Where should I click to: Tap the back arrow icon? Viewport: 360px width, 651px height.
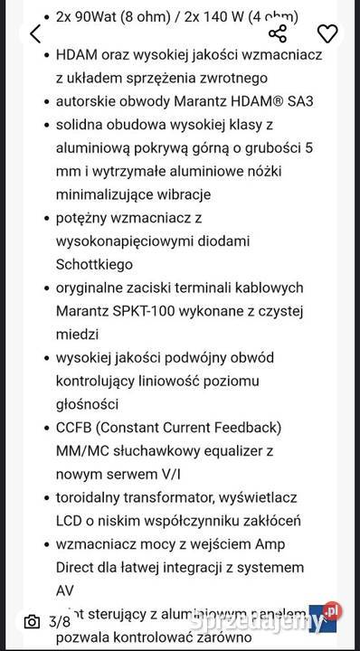pyautogui.click(x=35, y=34)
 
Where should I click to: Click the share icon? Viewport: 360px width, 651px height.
pyautogui.click(x=278, y=34)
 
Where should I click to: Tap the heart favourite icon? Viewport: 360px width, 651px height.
pyautogui.click(x=327, y=34)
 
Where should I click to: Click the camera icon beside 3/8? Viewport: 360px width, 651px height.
pyautogui.click(x=32, y=621)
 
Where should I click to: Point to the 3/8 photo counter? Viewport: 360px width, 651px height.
pyautogui.click(x=60, y=621)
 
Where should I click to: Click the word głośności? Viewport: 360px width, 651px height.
pyautogui.click(x=93, y=404)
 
